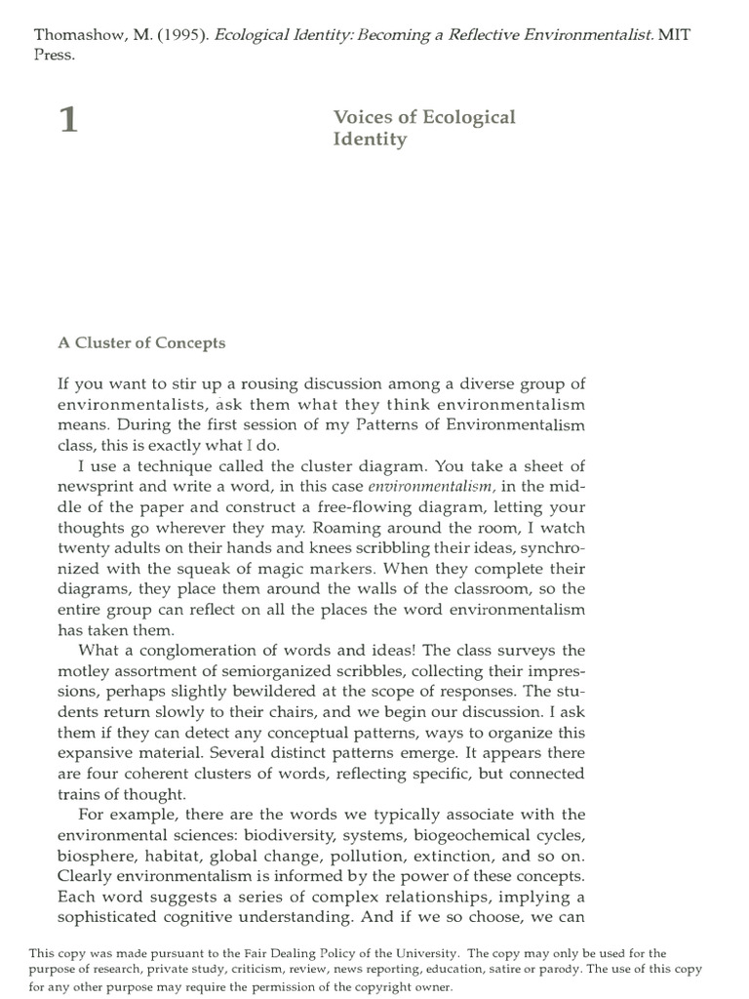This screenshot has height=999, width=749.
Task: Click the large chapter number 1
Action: click(67, 124)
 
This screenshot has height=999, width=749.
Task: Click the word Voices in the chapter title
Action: click(361, 117)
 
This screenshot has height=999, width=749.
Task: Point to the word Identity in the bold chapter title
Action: click(370, 140)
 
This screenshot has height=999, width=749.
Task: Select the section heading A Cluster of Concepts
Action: click(141, 342)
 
